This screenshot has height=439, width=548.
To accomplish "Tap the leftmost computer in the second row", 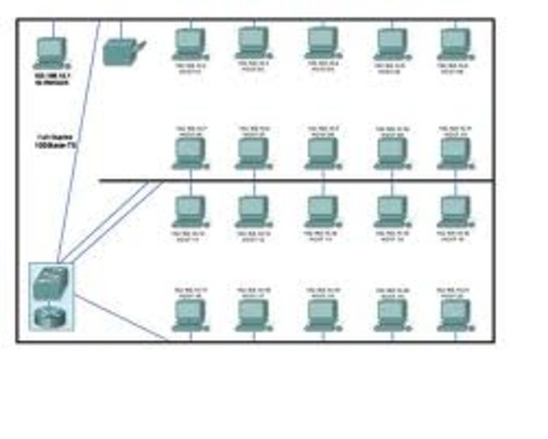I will (189, 151).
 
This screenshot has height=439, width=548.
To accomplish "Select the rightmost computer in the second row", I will (454, 151).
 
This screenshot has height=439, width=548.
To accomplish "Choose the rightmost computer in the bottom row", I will (454, 314).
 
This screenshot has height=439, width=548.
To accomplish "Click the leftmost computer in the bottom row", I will (189, 314).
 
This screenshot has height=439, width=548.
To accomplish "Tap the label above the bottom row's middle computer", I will (322, 292).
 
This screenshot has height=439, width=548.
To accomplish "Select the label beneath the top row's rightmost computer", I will (454, 68).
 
